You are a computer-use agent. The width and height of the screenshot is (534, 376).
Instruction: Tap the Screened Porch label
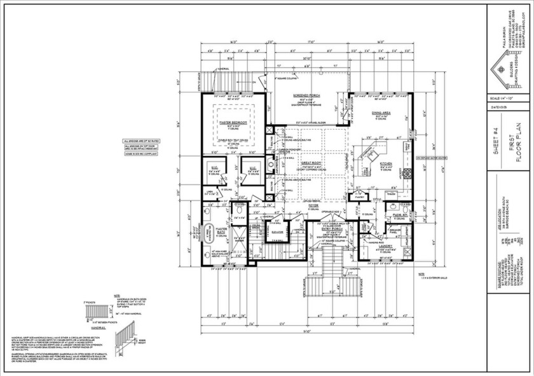point(305,95)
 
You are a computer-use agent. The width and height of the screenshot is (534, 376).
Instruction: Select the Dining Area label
point(385,113)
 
